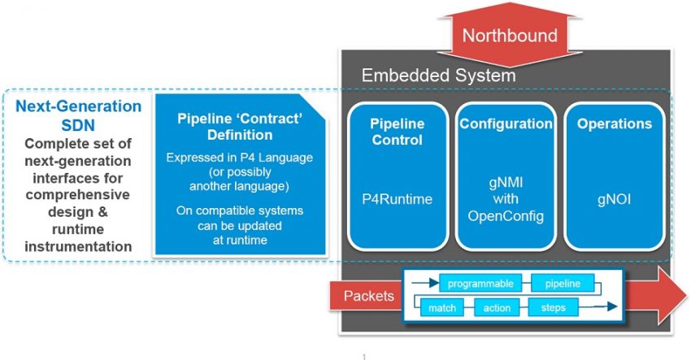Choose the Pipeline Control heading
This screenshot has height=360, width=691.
coord(396,132)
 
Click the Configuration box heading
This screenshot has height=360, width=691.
coord(505,124)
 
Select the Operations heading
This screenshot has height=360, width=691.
coord(614,124)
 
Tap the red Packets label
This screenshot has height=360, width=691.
coord(369,296)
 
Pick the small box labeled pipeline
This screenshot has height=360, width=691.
coord(563,284)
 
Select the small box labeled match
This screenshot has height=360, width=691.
coord(442,308)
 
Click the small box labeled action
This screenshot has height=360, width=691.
coord(497,308)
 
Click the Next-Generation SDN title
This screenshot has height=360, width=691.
coord(79,115)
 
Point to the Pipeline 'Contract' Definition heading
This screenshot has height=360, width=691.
coord(240,127)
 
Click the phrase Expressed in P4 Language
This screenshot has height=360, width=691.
coord(240,157)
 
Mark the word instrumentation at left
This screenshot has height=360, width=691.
coord(79,245)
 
